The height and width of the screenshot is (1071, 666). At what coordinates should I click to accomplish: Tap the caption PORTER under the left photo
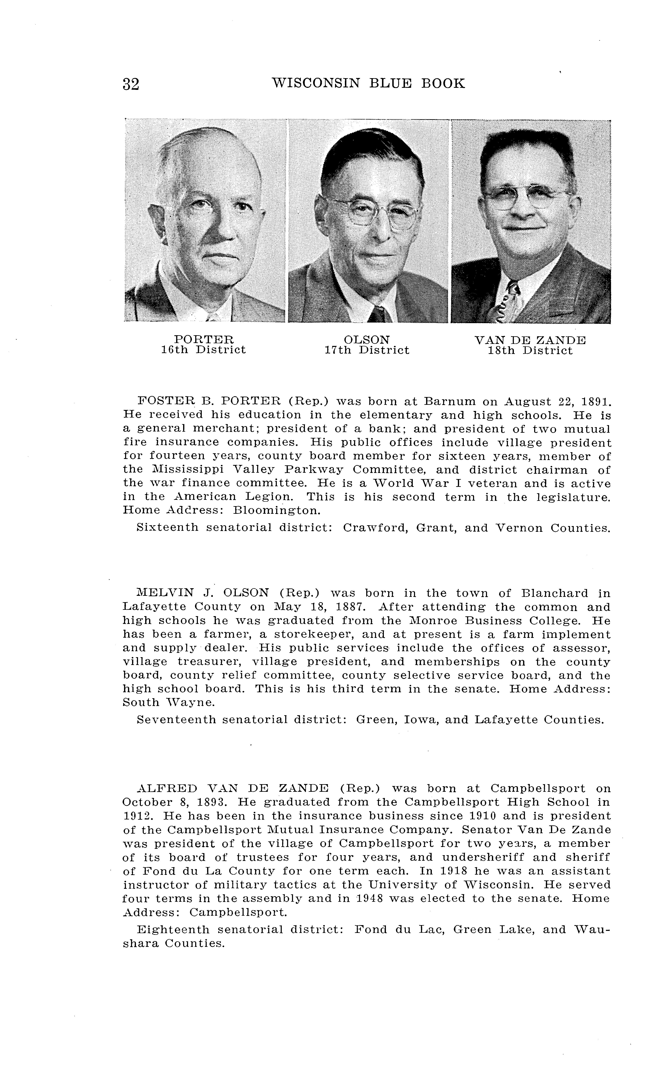[x=203, y=339]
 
